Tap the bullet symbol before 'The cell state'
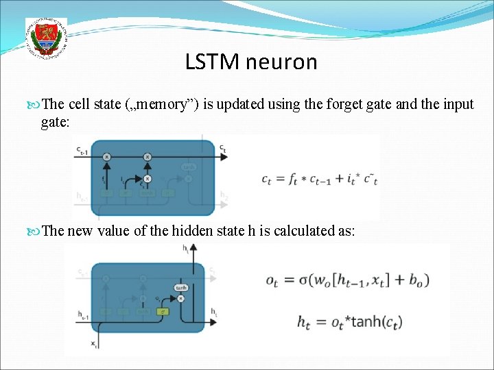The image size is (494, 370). tap(36, 104)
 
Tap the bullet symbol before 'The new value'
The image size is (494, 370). tap(36, 230)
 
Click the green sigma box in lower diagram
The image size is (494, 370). tap(163, 312)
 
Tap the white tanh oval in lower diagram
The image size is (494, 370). tap(181, 288)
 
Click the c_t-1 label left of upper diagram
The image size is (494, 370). tap(82, 151)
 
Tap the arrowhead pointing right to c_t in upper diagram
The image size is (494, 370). tap(215, 156)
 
